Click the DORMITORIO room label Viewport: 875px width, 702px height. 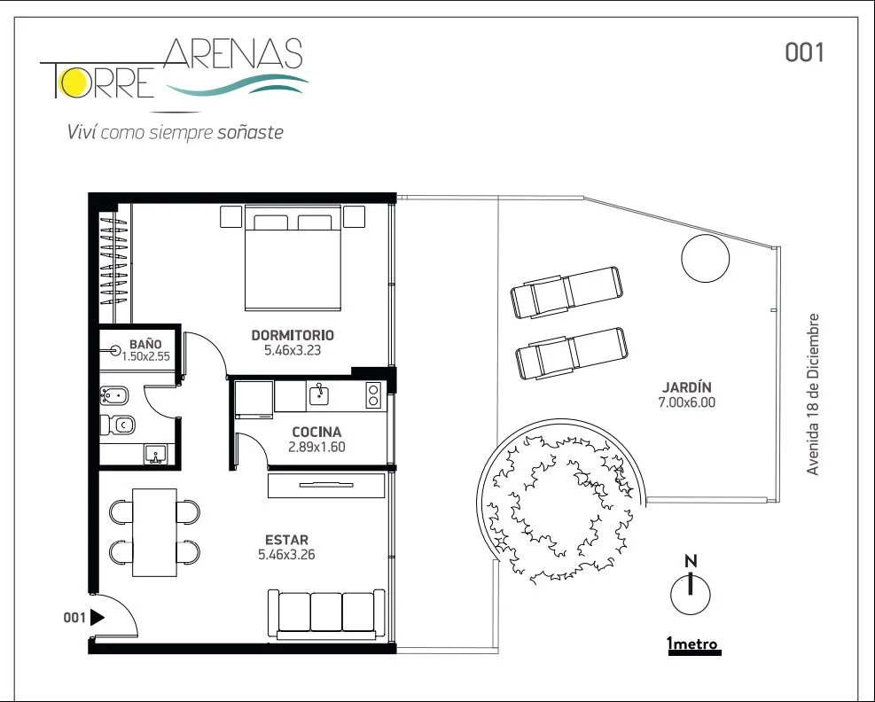293,335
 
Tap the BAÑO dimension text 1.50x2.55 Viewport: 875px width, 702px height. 145,356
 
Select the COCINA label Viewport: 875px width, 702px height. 316,432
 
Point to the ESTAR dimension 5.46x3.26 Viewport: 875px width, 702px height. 286,555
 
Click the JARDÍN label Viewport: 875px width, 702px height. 686,387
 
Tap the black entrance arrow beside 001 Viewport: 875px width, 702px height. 98,618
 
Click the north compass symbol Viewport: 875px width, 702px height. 691,586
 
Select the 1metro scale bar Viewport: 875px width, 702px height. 694,651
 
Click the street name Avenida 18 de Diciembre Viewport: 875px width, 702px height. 813,394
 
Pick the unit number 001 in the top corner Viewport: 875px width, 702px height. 804,52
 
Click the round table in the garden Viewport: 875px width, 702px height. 706,258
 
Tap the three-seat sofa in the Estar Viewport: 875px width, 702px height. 326,614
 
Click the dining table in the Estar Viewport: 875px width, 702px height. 154,533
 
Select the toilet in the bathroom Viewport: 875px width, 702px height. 118,425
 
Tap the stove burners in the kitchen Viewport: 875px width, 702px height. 372,394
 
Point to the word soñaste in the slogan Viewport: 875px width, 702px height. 250,132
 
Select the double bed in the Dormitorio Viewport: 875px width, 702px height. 293,258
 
